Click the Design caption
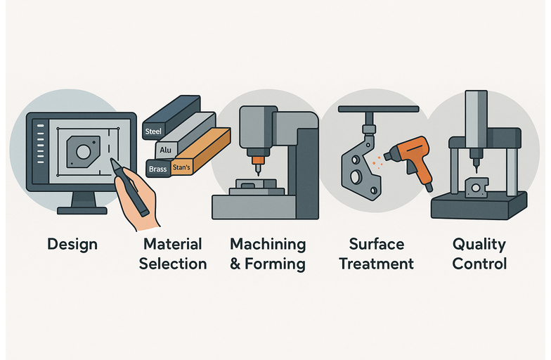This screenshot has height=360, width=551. [x=72, y=245]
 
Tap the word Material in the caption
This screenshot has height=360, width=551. [x=173, y=244]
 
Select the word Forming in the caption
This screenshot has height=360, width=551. [x=275, y=264]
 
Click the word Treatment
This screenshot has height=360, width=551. [x=377, y=264]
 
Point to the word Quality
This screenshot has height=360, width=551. [x=479, y=245]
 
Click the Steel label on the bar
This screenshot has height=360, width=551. [x=153, y=131]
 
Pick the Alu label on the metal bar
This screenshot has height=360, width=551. [x=166, y=150]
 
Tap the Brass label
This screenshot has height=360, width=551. [x=157, y=169]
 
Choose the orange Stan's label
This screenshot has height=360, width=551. [x=181, y=167]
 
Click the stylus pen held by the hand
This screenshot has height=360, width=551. [x=129, y=186]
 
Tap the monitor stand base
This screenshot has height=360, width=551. [x=82, y=211]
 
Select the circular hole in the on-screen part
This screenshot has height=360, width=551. [x=84, y=152]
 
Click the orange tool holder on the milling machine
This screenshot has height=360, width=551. [x=259, y=160]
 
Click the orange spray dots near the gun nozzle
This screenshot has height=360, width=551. [x=377, y=162]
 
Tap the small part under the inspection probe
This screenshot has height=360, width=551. [x=477, y=187]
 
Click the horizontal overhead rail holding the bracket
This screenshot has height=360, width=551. [x=378, y=109]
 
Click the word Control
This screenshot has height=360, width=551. [x=479, y=264]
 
